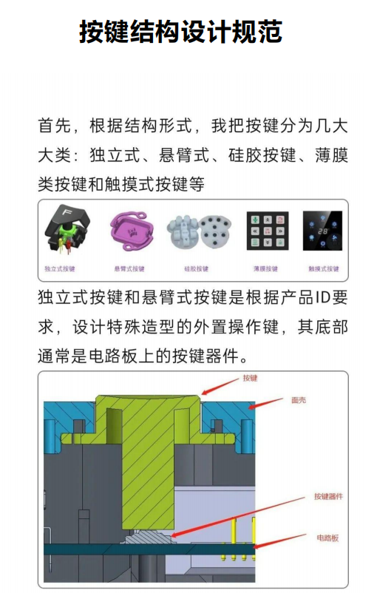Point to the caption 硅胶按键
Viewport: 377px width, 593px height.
click(x=197, y=268)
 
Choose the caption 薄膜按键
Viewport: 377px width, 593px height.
click(x=262, y=268)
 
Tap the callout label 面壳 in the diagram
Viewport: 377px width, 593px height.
click(x=298, y=400)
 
